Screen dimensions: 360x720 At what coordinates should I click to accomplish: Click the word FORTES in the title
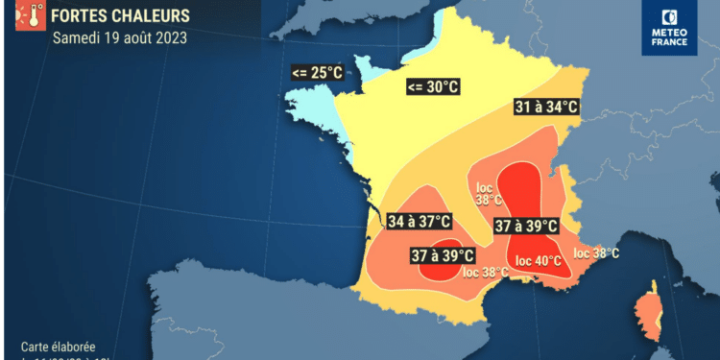(x=82, y=16)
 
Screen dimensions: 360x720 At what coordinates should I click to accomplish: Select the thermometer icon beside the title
(x=29, y=16)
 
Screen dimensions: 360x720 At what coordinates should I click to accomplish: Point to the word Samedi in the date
(x=76, y=39)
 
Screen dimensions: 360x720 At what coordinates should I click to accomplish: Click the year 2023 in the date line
(x=170, y=39)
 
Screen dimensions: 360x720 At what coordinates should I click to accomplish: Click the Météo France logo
(x=670, y=27)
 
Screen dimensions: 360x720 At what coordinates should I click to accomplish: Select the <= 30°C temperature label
(x=433, y=87)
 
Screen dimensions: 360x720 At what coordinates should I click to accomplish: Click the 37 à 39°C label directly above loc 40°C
(x=526, y=227)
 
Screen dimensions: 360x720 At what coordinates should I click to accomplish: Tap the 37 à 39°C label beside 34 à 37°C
(x=443, y=255)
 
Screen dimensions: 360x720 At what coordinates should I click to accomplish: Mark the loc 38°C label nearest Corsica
(x=596, y=253)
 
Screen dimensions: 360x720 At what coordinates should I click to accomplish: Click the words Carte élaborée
(x=59, y=347)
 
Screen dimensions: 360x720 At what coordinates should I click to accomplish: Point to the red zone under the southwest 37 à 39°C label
(x=444, y=273)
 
